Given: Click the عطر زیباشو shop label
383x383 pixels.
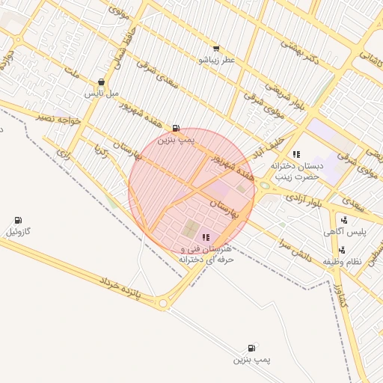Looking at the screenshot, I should pyautogui.click(x=217, y=59).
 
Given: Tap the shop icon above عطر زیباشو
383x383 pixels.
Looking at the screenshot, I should pyautogui.click(x=216, y=48).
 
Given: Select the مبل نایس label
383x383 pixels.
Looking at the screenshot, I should pyautogui.click(x=101, y=94).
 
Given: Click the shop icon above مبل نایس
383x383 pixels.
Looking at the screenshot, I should pyautogui.click(x=101, y=82).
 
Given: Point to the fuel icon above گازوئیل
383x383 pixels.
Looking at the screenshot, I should pyautogui.click(x=18, y=220).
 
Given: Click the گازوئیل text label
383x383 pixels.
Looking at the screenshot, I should pyautogui.click(x=18, y=231).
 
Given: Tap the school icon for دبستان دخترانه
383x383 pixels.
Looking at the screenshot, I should pyautogui.click(x=296, y=154).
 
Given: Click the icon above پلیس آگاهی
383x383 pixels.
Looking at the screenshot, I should pyautogui.click(x=343, y=220).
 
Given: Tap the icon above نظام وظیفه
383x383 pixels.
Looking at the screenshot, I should pyautogui.click(x=342, y=250).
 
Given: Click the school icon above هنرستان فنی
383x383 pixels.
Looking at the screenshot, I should pyautogui.click(x=206, y=237).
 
